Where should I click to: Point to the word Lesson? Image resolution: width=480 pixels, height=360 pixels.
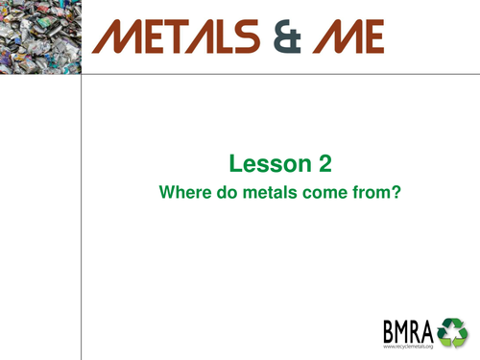(x=262, y=162)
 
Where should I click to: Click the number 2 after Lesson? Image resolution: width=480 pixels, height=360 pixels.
(x=312, y=162)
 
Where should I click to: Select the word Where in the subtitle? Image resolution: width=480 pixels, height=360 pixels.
(x=180, y=191)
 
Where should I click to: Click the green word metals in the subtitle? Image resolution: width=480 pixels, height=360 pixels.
(x=258, y=191)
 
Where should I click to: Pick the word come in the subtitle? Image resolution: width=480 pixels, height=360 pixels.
(x=310, y=191)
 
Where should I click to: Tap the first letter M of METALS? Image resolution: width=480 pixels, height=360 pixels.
(x=118, y=37)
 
